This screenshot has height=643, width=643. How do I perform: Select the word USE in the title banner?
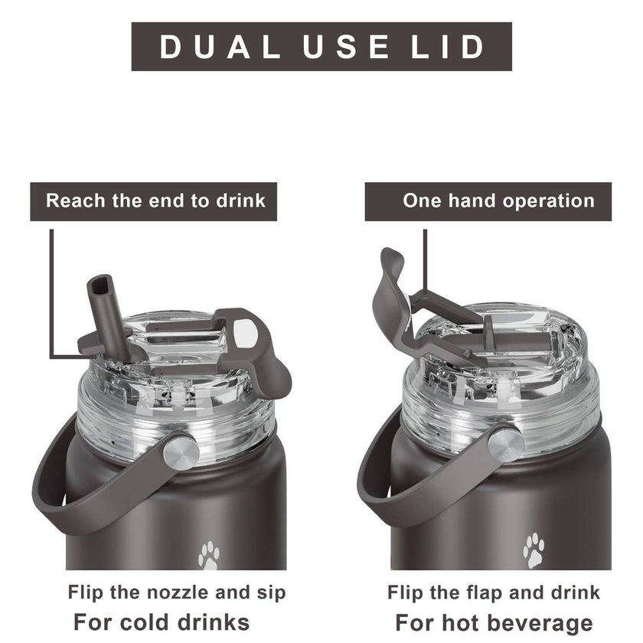(x=346, y=47)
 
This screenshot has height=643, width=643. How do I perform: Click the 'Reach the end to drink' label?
(x=155, y=201)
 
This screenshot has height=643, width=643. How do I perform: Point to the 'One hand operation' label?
(x=498, y=201)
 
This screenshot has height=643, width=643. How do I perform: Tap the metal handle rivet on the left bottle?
(x=181, y=453)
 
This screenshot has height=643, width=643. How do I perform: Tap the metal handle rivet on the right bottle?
(x=507, y=445)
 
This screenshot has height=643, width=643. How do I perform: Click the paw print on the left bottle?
(x=209, y=556)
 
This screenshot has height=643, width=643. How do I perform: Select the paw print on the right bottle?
(x=534, y=550)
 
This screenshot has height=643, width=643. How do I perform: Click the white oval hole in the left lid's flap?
(x=245, y=334)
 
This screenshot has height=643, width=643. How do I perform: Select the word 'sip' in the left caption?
(x=271, y=593)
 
